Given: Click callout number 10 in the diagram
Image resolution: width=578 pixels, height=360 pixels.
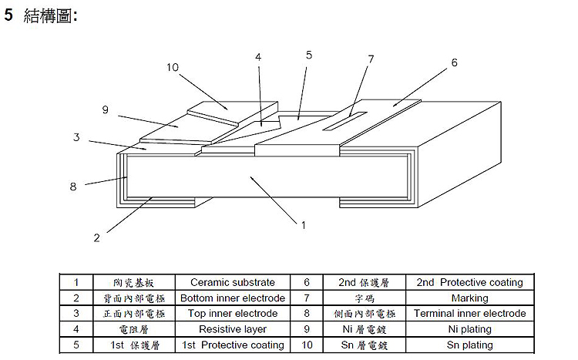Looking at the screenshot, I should pos(173,67).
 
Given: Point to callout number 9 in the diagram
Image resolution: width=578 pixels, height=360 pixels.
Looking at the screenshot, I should pos(105,109).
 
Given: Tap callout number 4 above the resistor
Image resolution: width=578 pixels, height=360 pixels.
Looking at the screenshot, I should pos(258,58).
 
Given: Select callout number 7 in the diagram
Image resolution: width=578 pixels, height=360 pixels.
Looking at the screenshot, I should pos(371,59).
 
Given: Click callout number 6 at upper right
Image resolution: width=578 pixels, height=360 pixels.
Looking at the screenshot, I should pos(455,62).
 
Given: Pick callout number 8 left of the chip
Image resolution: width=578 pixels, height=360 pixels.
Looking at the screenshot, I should pos(73,186).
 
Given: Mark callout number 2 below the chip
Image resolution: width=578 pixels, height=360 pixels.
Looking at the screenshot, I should pos(96,237).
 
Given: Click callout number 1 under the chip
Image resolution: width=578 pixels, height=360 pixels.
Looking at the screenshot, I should pos(303,225).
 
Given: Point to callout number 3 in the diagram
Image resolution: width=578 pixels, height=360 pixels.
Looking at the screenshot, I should pos(76,137).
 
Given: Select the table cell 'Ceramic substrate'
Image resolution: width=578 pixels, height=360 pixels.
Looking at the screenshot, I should pos(232,283).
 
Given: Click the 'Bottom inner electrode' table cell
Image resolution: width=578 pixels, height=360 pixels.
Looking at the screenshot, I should pos(232,298).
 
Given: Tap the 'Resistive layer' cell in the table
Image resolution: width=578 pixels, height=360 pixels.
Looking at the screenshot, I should pos(232,329).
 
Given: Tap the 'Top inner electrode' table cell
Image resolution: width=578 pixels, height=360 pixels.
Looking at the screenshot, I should pos(232,314).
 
